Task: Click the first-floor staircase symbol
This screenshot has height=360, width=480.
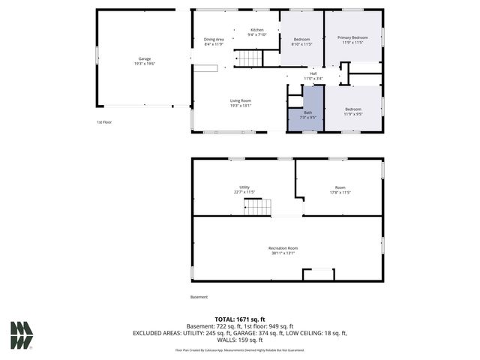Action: click(x=249, y=58)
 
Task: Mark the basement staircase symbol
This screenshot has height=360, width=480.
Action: click(x=257, y=206)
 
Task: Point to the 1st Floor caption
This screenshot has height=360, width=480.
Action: click(x=103, y=122)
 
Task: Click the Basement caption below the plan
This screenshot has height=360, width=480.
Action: click(x=199, y=297)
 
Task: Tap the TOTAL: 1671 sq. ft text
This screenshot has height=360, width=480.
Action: click(x=239, y=319)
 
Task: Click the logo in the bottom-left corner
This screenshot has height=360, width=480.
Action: click(x=22, y=335)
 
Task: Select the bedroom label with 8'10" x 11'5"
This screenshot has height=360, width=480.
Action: click(x=301, y=41)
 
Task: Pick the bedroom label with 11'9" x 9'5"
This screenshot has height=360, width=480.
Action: click(x=353, y=112)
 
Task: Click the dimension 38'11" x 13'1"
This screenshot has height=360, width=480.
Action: click(x=283, y=253)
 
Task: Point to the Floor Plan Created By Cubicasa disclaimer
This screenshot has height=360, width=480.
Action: click(x=239, y=349)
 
